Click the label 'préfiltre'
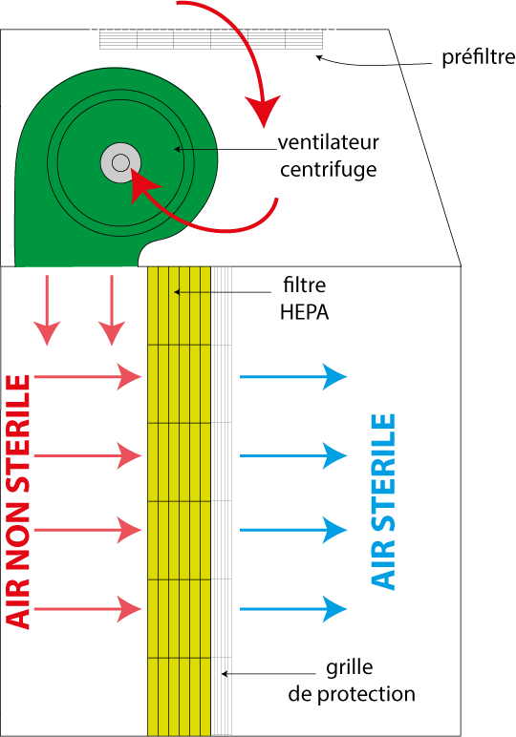click(479, 58)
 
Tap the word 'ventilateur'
click(329, 142)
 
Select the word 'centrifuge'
click(329, 170)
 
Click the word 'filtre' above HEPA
click(304, 284)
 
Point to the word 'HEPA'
click(304, 312)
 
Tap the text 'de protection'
click(352, 694)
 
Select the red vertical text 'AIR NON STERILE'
click(18, 501)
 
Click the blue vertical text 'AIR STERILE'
click(383, 501)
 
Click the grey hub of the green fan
click(120, 163)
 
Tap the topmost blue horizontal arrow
click(293, 376)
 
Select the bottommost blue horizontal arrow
click(293, 609)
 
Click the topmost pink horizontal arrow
click(88, 376)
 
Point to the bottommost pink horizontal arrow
click(88, 609)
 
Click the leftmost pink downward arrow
click(47, 310)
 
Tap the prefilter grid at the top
click(211, 39)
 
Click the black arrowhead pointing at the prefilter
click(318, 58)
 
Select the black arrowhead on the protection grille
click(225, 674)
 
